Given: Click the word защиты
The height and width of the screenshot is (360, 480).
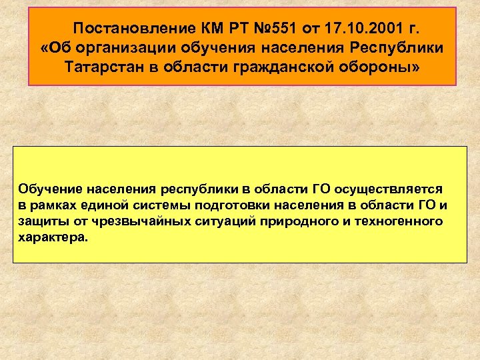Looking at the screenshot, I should [x=39, y=221].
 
